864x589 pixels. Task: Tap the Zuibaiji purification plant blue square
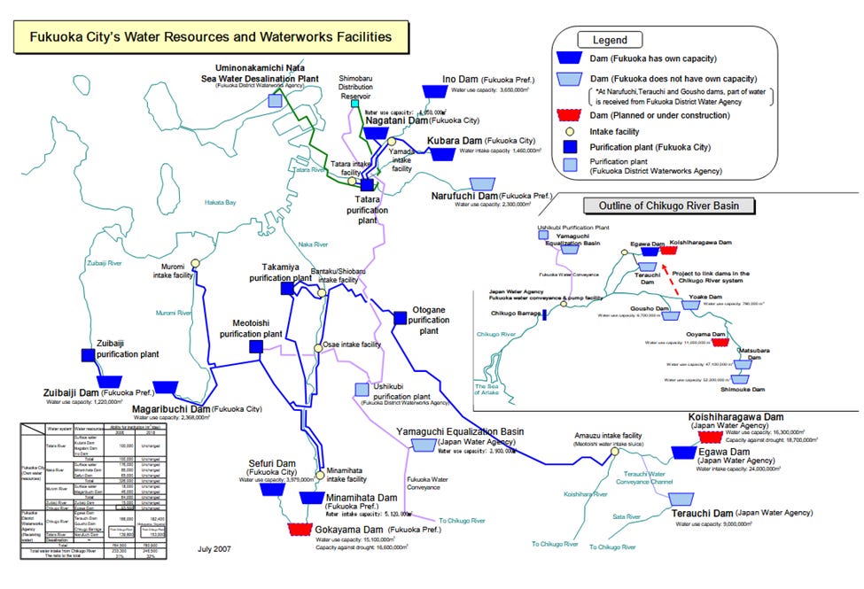89,354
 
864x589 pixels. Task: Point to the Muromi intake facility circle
195,262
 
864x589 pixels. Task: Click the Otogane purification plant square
400,318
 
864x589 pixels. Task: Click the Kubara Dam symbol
441,153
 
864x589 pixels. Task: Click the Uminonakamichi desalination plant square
276,100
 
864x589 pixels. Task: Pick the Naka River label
309,244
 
